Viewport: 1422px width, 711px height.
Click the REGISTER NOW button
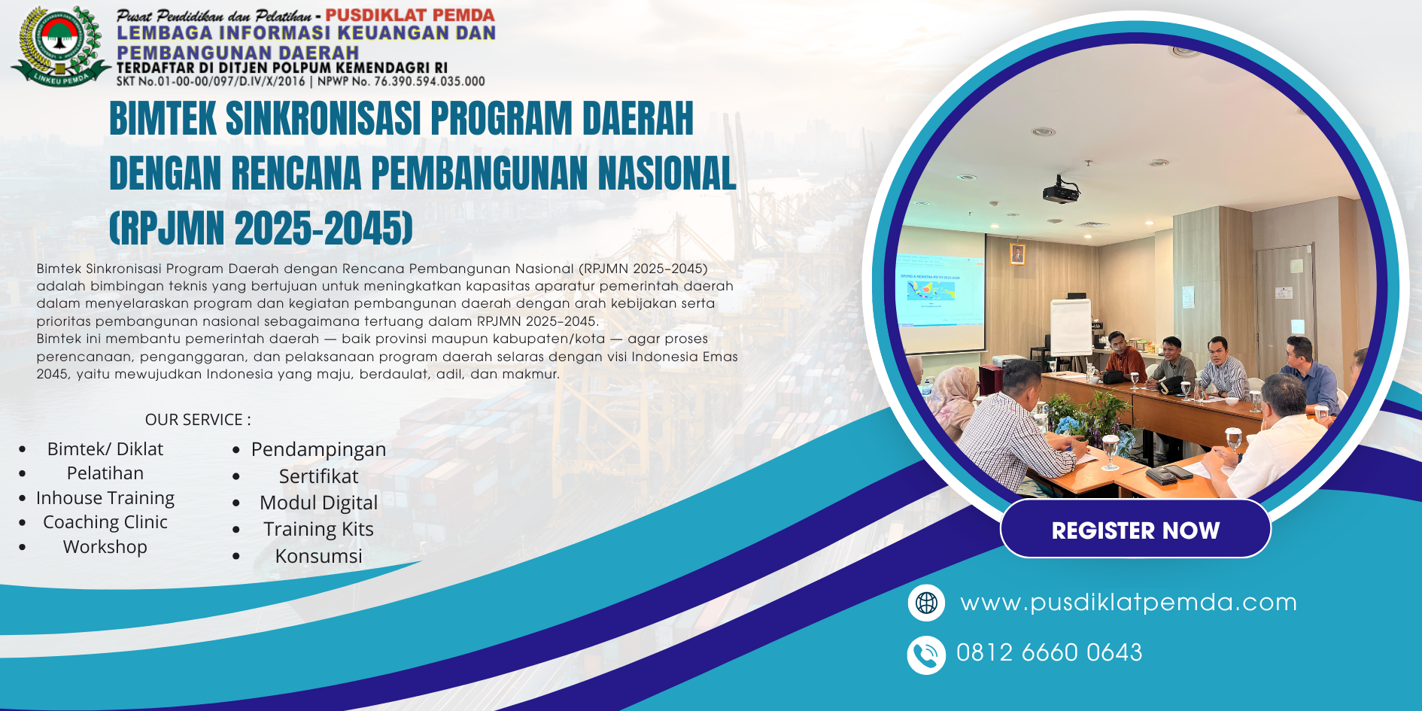[1135, 529]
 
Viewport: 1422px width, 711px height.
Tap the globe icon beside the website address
[926, 603]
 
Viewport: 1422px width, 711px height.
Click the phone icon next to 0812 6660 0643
[926, 655]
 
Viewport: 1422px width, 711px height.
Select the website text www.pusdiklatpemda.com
[1129, 603]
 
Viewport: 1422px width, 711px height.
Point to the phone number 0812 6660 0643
[1049, 652]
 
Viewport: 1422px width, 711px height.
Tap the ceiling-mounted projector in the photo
[1061, 191]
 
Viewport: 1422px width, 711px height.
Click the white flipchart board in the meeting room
[1071, 327]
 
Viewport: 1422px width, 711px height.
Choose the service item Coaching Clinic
[105, 522]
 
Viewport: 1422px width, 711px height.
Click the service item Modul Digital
[318, 503]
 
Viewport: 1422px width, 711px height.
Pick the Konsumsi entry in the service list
[318, 556]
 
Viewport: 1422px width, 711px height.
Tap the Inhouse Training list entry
[105, 498]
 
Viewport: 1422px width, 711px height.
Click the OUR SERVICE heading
[198, 420]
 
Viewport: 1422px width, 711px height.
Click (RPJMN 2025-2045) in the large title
[261, 228]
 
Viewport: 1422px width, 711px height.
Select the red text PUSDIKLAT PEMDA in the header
[410, 15]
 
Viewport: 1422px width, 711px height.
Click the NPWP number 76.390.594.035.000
[430, 81]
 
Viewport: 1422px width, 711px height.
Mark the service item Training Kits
[318, 529]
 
